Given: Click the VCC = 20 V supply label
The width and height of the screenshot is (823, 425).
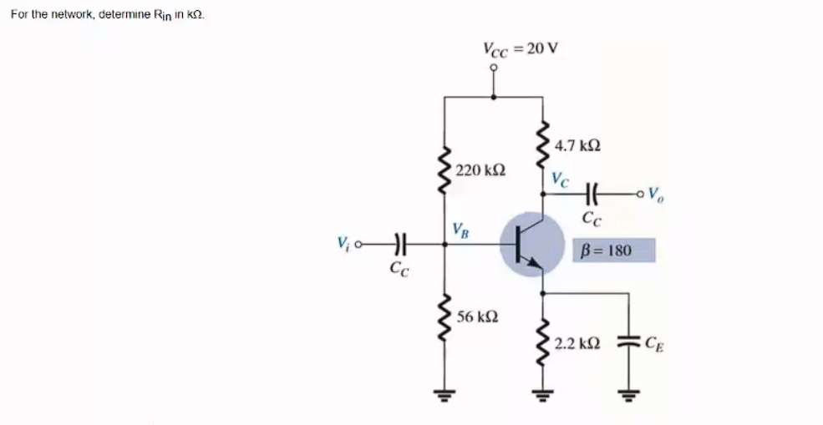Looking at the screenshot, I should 520,48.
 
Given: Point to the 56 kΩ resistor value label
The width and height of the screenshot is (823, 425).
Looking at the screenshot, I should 479,317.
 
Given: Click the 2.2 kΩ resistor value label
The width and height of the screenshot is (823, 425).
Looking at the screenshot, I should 577,342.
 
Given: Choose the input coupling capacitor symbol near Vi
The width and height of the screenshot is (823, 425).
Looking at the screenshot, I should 399,245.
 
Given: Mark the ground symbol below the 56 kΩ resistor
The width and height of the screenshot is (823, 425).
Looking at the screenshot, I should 444,395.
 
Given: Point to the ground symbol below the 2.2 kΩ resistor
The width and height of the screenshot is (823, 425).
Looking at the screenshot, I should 544,395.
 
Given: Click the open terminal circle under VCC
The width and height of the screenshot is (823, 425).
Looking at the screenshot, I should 495,70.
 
